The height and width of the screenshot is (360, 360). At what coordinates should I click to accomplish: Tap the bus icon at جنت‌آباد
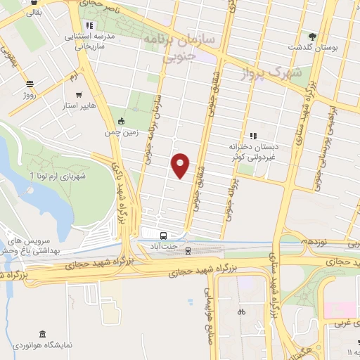tap(163, 236)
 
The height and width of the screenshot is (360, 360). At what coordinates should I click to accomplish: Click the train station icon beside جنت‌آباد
tap(188, 249)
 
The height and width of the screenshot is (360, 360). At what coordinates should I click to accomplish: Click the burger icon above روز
tap(30, 82)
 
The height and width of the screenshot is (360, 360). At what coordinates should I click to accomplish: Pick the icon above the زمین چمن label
tap(122, 120)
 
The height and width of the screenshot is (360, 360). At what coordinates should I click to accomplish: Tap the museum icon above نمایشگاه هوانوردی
tap(44, 333)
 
